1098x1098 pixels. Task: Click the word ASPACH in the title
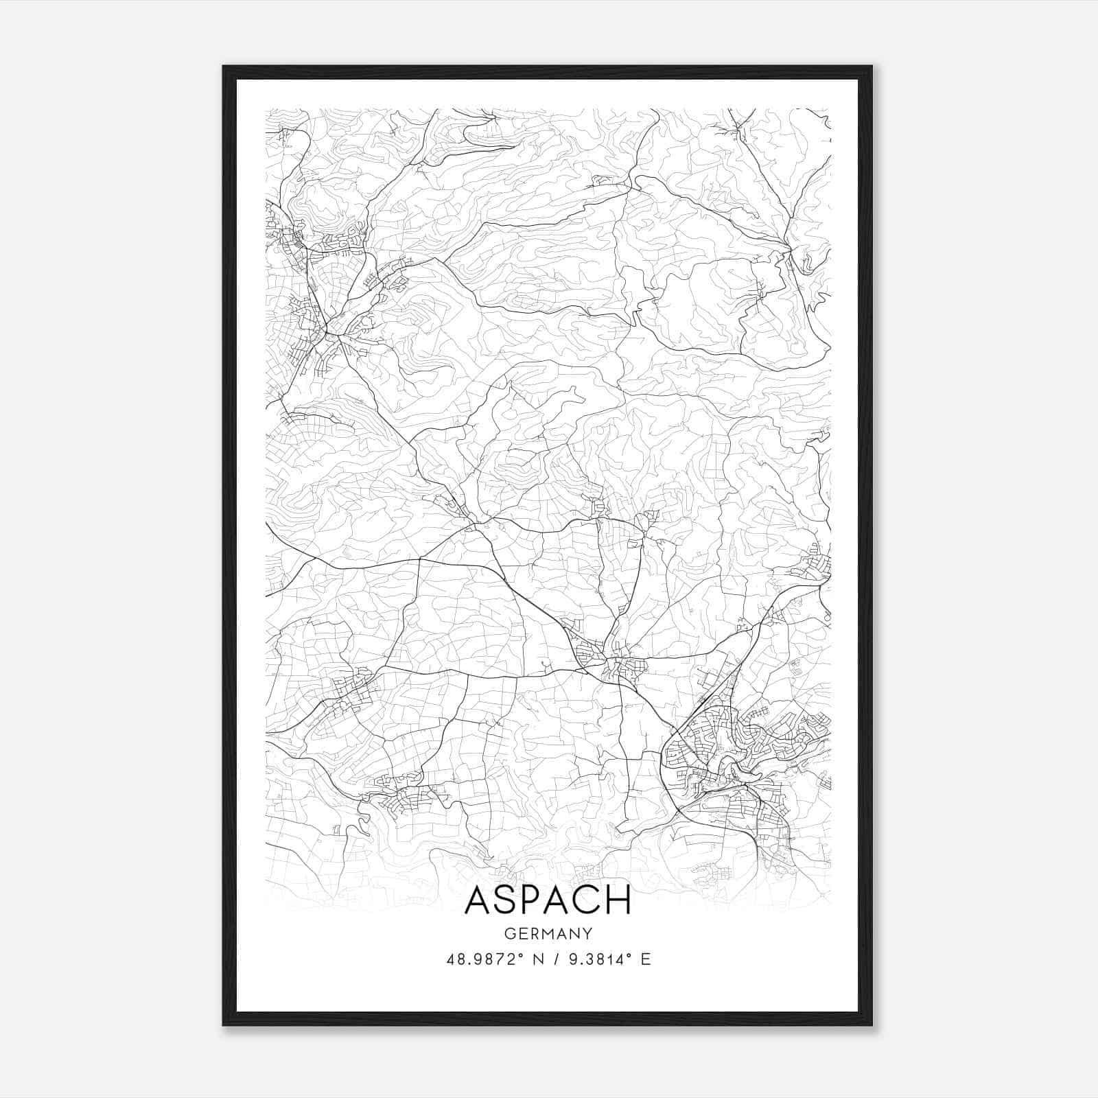point(548,900)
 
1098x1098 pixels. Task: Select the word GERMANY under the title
point(548,933)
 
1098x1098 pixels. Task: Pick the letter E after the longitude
point(645,959)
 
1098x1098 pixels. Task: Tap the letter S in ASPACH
point(505,900)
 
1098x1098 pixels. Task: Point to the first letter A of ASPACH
point(477,900)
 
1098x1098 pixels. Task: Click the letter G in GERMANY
point(508,933)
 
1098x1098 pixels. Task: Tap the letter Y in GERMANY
point(587,933)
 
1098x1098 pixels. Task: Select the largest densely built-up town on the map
point(727,762)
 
